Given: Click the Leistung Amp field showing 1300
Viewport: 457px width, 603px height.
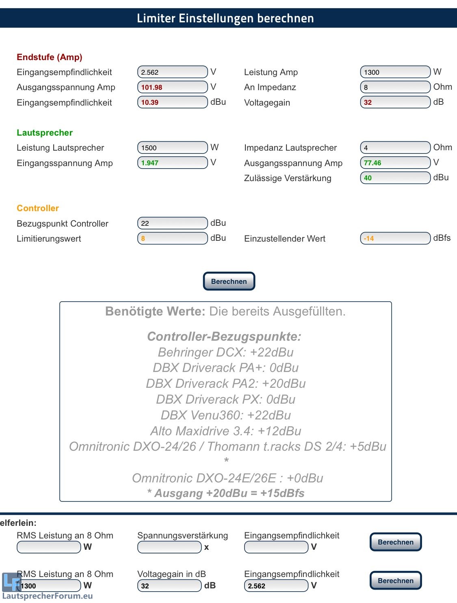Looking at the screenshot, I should click(x=395, y=72).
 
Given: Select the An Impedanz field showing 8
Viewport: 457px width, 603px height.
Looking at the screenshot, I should click(x=395, y=87).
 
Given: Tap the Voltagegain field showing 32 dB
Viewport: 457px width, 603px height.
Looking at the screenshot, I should click(x=395, y=102).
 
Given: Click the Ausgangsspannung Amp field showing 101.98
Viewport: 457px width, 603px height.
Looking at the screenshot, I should click(x=172, y=87).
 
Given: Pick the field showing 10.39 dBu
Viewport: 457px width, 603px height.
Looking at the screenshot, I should click(x=172, y=102).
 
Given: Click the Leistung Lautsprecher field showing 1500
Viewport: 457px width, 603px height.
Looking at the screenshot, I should click(x=172, y=148).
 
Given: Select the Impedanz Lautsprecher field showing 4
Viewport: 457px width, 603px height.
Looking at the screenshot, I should click(x=395, y=148).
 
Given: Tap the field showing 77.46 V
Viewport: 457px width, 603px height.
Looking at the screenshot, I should click(x=395, y=163).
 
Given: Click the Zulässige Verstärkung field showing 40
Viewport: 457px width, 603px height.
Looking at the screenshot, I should click(x=395, y=178).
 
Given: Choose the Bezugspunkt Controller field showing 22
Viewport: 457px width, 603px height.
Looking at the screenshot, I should click(x=172, y=223).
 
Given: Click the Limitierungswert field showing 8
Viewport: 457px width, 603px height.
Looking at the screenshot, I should click(x=172, y=238).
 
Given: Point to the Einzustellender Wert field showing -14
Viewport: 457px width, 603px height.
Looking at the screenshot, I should click(x=395, y=238).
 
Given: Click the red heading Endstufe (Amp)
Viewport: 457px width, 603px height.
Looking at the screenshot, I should click(x=50, y=57).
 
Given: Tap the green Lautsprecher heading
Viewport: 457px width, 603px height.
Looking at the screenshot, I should click(x=45, y=133).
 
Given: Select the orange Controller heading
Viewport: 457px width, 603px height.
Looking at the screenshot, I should click(x=38, y=208).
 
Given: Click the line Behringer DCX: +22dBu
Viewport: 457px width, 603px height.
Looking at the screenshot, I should click(x=225, y=352).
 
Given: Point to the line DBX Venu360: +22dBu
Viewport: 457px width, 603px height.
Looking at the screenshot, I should click(x=225, y=415).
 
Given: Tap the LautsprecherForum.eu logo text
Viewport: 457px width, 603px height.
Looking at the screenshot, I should click(x=48, y=596).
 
